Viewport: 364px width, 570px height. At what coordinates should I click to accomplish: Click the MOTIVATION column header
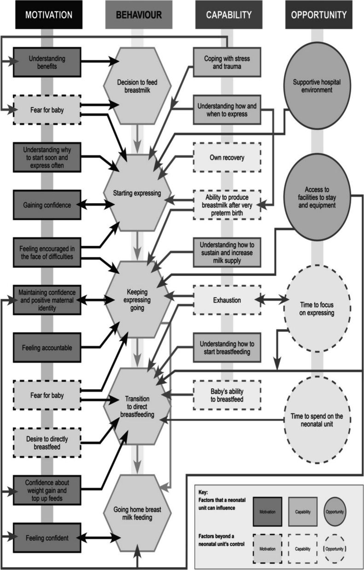pos(49,15)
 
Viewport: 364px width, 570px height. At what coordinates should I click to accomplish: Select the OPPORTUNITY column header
pos(318,15)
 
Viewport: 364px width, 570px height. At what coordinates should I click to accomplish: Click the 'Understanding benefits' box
pos(47,62)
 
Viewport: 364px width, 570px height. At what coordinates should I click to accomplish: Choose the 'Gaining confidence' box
pos(47,205)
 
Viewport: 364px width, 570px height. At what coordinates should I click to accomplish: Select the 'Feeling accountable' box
pos(47,348)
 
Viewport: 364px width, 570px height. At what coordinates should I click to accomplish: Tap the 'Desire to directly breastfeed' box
pos(47,443)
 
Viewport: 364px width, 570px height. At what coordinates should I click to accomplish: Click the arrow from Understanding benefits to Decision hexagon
pos(97,61)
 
